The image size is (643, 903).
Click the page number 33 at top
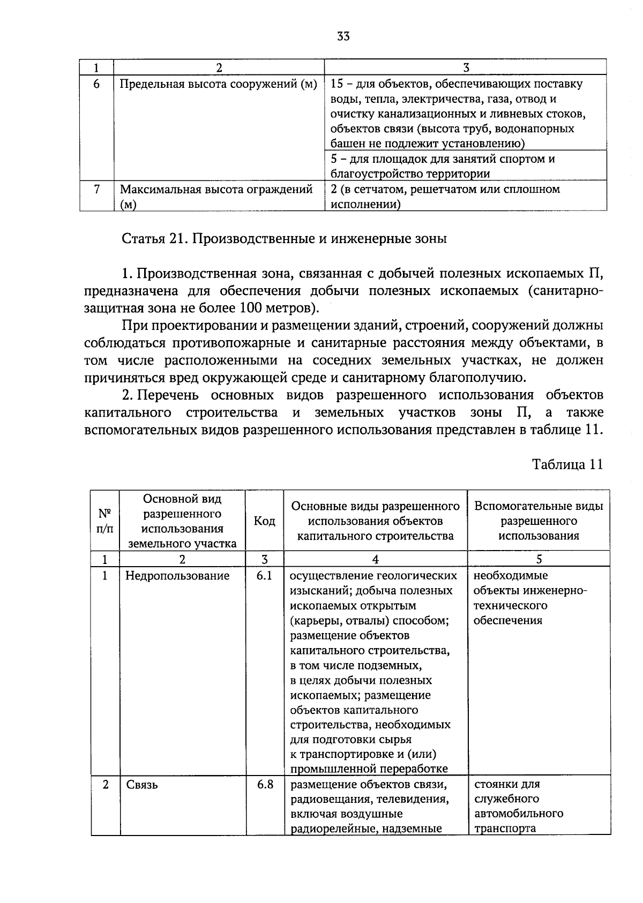(x=343, y=36)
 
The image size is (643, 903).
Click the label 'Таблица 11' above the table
(x=567, y=464)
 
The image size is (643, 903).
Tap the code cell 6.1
(x=264, y=575)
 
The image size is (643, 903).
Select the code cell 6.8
(x=265, y=784)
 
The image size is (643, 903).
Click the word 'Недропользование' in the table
(x=177, y=576)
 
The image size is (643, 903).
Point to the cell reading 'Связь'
(x=142, y=785)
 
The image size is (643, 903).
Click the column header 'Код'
(x=264, y=521)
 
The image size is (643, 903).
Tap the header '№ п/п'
(x=105, y=521)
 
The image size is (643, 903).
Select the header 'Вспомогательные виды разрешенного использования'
(x=539, y=521)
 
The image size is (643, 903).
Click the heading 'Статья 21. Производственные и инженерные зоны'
(x=284, y=238)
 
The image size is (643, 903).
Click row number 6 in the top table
(x=96, y=84)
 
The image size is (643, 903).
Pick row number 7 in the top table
(x=96, y=189)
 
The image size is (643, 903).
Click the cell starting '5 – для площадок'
(x=442, y=166)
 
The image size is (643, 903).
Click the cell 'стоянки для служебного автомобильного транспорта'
(x=518, y=806)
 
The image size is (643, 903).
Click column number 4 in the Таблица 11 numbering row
(x=375, y=559)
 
